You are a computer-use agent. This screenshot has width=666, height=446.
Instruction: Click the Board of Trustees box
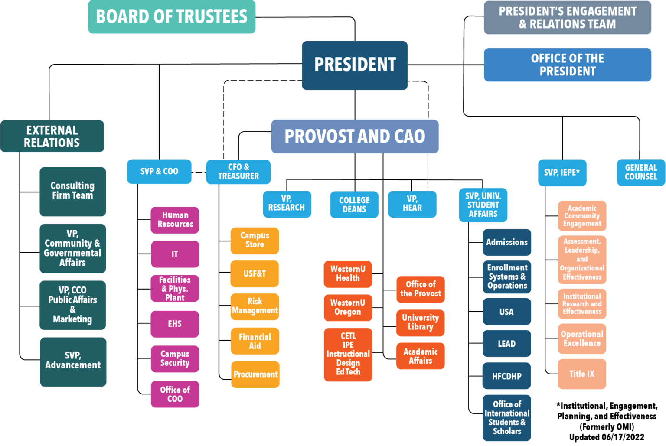pos(172,17)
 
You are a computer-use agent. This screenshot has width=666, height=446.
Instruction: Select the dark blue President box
pos(355,65)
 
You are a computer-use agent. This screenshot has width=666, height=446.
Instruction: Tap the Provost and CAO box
pos(355,137)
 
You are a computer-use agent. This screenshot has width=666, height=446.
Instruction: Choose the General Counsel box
pos(641,172)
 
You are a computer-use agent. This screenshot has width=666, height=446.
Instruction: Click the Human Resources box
pos(175,220)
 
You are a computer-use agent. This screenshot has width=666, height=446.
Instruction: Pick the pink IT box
pos(175,254)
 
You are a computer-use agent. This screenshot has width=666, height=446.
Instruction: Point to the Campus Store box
pos(255,240)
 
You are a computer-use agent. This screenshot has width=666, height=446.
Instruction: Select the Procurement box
pos(255,374)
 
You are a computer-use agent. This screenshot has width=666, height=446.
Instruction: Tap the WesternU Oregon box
pos(348,307)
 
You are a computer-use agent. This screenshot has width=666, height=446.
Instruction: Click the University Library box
pos(420,322)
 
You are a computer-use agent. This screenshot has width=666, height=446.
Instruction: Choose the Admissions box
pos(507,242)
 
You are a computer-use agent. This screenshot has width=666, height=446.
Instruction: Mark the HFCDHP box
pos(507,376)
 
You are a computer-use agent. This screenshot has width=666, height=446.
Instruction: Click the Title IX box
pos(582,374)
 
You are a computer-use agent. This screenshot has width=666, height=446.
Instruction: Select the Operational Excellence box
pos(582,339)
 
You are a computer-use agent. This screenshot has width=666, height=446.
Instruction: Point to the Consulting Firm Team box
pos(72,191)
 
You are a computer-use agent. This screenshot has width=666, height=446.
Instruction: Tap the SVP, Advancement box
pos(73,361)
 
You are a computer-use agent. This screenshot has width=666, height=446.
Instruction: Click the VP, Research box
pos(287,204)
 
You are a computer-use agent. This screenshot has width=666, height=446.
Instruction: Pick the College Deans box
pos(354,205)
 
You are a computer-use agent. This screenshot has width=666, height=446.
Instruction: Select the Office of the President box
pos(567,65)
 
